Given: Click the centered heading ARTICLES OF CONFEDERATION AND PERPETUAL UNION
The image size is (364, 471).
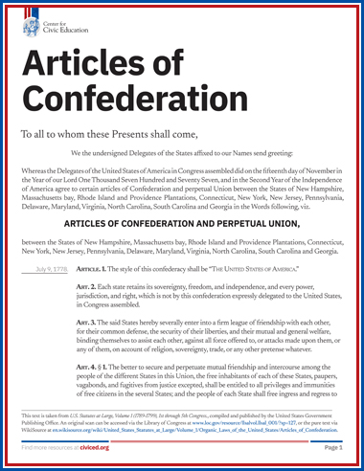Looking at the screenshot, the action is click(x=182, y=223).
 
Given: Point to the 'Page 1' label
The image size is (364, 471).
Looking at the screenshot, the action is click(x=333, y=447).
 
